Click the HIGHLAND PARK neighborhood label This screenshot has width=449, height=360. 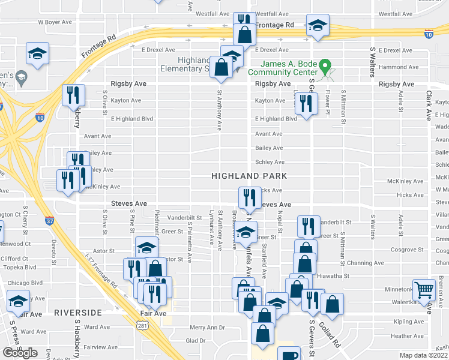point(249,176)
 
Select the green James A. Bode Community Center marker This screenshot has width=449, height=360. point(325,65)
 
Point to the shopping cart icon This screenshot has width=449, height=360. point(424,290)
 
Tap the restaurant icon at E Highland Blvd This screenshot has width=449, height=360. point(306,104)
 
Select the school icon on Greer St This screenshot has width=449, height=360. point(246,231)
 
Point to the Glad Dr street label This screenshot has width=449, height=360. point(196,340)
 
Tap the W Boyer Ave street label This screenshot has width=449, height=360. point(55,22)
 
